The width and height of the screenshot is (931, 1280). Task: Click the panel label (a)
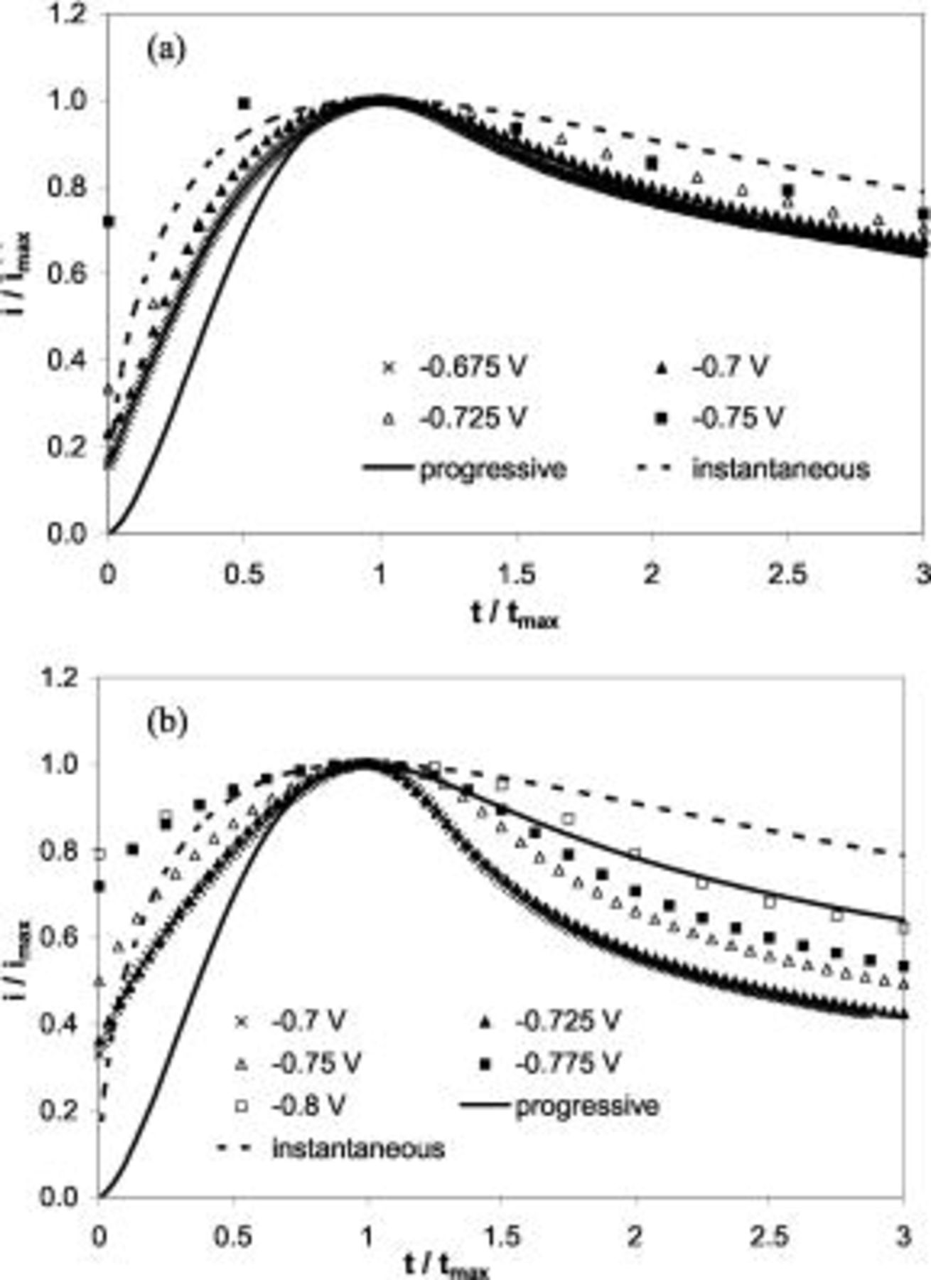coord(166,51)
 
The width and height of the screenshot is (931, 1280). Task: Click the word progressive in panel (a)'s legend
coord(493,469)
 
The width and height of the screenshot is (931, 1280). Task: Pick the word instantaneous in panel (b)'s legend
coord(358,1148)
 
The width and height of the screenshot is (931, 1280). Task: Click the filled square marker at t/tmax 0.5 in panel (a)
coord(244,104)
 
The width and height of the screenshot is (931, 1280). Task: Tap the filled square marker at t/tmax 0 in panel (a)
coord(109,222)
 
